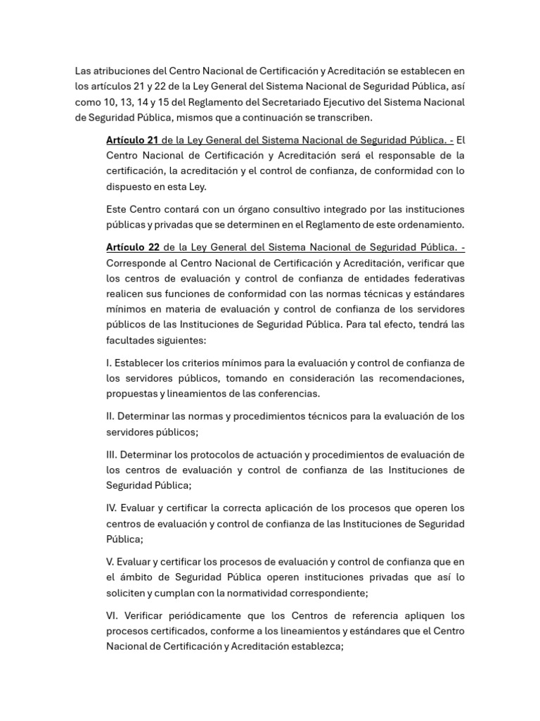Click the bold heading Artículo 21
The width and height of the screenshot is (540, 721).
click(x=132, y=139)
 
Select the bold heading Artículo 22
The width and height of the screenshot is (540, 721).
click(x=133, y=247)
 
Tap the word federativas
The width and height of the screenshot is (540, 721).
click(x=438, y=278)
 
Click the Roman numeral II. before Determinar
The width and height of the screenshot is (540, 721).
click(x=110, y=416)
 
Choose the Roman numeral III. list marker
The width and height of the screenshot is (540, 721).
click(x=112, y=454)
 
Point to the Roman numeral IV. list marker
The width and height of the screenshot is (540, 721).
click(x=112, y=508)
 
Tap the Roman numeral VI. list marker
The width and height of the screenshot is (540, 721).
click(x=112, y=615)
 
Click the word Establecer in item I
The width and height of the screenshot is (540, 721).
click(x=141, y=363)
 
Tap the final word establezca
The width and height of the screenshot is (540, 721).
click(x=312, y=646)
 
